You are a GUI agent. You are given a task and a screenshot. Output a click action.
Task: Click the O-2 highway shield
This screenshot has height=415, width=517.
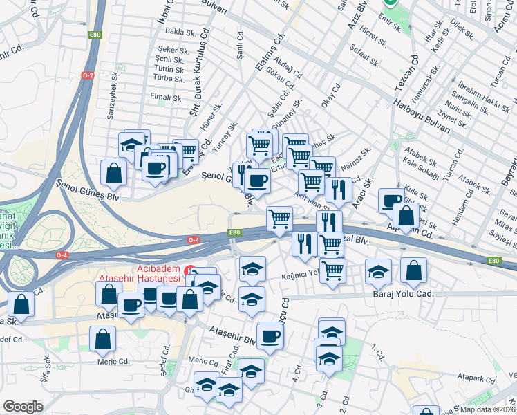click(88, 75)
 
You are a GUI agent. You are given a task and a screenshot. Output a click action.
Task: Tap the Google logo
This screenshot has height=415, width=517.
click(23, 406)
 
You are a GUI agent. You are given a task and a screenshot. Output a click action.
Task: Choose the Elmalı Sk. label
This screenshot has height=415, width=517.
click(167, 98)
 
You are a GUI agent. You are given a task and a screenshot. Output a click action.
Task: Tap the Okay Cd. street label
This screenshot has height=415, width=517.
click(333, 95)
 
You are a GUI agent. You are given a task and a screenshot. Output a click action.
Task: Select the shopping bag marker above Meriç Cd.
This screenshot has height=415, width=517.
click(102, 339)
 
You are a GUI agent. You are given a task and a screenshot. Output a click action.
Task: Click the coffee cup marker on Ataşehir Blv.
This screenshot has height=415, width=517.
click(270, 335)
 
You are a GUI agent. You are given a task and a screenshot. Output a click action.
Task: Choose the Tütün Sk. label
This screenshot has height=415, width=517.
click(169, 69)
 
